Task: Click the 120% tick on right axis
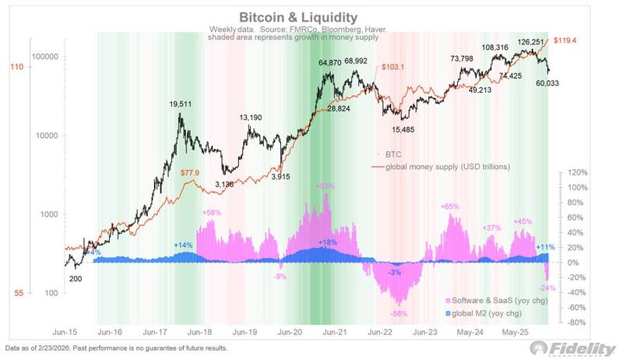pos(578,173)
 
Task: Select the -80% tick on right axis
pos(578,322)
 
